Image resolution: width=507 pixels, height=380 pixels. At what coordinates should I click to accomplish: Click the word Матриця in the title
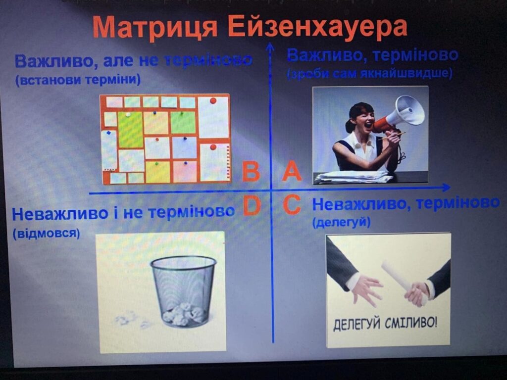155,28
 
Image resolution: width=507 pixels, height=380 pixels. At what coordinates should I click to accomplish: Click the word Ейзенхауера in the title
317,27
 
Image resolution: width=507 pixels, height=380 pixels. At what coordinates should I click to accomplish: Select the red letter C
292,205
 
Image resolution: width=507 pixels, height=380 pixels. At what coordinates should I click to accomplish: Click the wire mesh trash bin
183,290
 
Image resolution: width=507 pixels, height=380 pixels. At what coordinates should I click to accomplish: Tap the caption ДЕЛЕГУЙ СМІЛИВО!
385,323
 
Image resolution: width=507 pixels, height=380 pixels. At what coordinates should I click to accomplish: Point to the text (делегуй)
341,223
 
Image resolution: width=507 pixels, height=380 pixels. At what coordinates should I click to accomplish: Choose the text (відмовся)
46,234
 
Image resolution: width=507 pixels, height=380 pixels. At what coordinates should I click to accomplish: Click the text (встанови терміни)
78,80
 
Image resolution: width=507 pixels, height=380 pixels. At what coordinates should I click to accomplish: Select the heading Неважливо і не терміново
123,213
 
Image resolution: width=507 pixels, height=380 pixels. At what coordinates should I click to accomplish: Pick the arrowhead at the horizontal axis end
446,188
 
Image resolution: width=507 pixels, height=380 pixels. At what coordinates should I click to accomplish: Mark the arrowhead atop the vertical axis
270,47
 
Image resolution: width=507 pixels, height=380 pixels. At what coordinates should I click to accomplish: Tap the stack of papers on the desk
355,177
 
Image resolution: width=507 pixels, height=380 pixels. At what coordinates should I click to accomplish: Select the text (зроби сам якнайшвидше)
369,74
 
